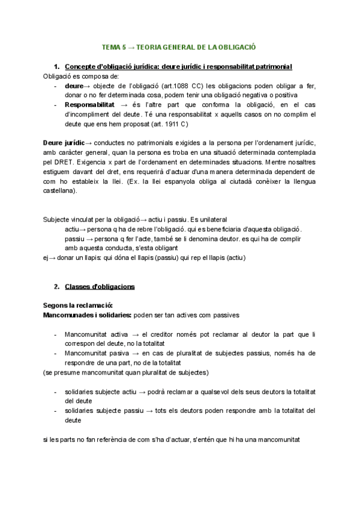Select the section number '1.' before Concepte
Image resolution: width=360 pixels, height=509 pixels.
click(57, 66)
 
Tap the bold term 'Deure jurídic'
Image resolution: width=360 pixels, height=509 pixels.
click(64, 143)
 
